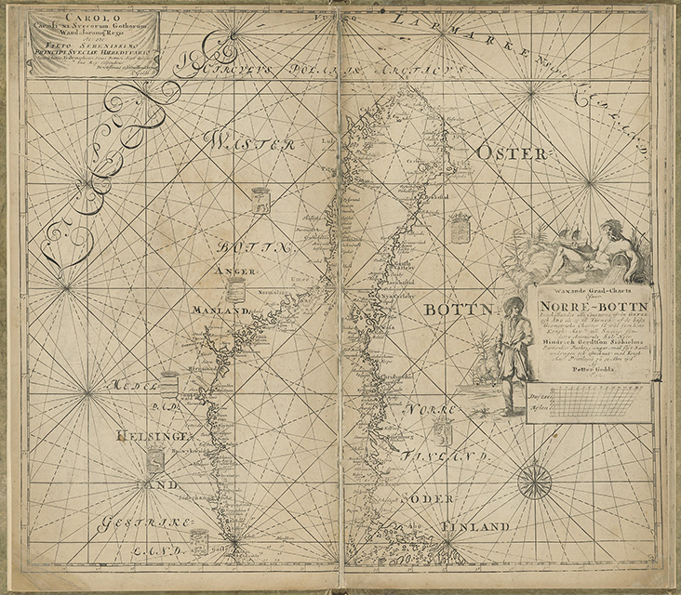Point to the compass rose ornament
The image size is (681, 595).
[x=534, y=480]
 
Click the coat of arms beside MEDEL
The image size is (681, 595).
[x=169, y=384]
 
